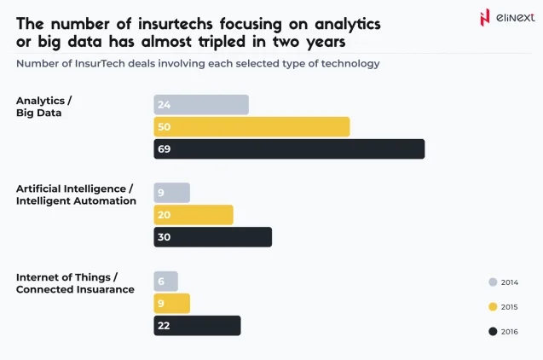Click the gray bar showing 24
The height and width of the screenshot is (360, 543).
201,105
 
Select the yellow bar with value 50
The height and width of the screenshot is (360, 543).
251,127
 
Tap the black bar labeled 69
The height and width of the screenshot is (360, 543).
289,149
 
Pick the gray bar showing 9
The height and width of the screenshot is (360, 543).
171,193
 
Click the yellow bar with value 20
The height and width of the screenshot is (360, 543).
193,215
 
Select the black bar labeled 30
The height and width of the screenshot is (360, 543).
212,237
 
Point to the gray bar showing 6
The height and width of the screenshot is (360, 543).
165,282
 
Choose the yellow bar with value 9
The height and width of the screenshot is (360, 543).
171,304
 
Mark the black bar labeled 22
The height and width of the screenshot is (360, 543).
197,326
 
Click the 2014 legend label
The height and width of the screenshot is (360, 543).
509,282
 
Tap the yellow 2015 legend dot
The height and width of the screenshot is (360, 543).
493,306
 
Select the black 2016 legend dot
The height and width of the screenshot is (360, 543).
493,331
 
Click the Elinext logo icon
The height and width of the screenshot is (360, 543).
485,18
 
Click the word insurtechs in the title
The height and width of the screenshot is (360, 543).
169,23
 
